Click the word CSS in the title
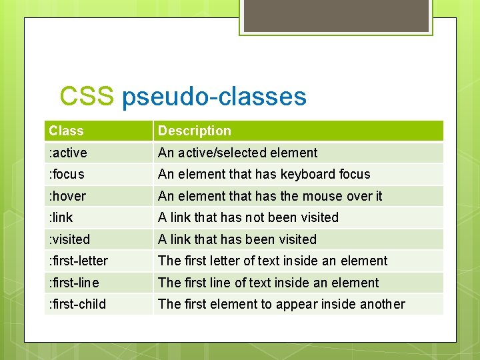[x=86, y=97]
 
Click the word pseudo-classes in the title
[x=214, y=97]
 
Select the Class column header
[x=66, y=131]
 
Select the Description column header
[x=194, y=131]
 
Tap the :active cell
[x=68, y=153]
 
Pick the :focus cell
[x=67, y=174]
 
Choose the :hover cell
[x=67, y=196]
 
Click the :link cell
[x=61, y=217]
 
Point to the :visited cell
[x=69, y=239]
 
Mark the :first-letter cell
[x=78, y=261]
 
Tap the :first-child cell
[x=77, y=304]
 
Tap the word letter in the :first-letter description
[x=229, y=261]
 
